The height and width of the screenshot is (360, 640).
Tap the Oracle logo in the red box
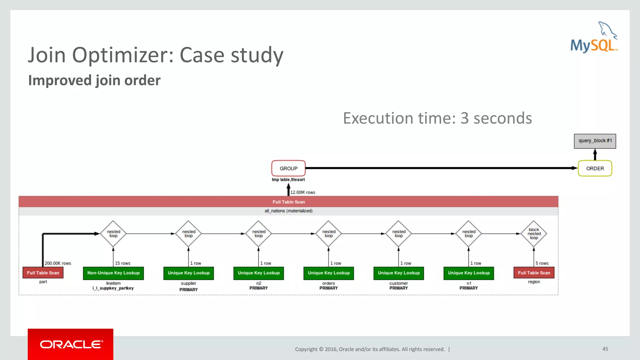tap(71, 344)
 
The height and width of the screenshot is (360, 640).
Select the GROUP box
tap(288, 168)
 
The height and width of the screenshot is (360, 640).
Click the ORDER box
tap(595, 168)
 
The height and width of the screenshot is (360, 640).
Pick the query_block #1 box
tap(595, 141)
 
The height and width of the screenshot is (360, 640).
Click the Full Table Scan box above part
tap(43, 273)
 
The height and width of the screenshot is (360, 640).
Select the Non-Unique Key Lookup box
tap(113, 273)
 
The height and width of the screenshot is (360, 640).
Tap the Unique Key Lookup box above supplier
tap(188, 273)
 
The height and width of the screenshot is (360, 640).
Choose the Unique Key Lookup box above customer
tap(398, 273)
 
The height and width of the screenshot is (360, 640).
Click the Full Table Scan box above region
tap(534, 273)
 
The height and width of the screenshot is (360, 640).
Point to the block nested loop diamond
tap(534, 234)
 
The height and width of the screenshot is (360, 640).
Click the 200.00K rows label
tap(58, 263)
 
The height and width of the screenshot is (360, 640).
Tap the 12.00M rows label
tap(302, 192)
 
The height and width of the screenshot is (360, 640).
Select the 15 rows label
tap(122, 263)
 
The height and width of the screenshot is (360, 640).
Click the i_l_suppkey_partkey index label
tap(113, 288)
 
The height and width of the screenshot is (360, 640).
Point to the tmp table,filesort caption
tap(288, 180)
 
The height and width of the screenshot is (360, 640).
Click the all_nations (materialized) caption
tap(288, 211)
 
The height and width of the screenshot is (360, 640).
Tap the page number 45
tap(605, 349)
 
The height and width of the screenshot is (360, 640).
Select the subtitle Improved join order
tap(94, 80)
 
